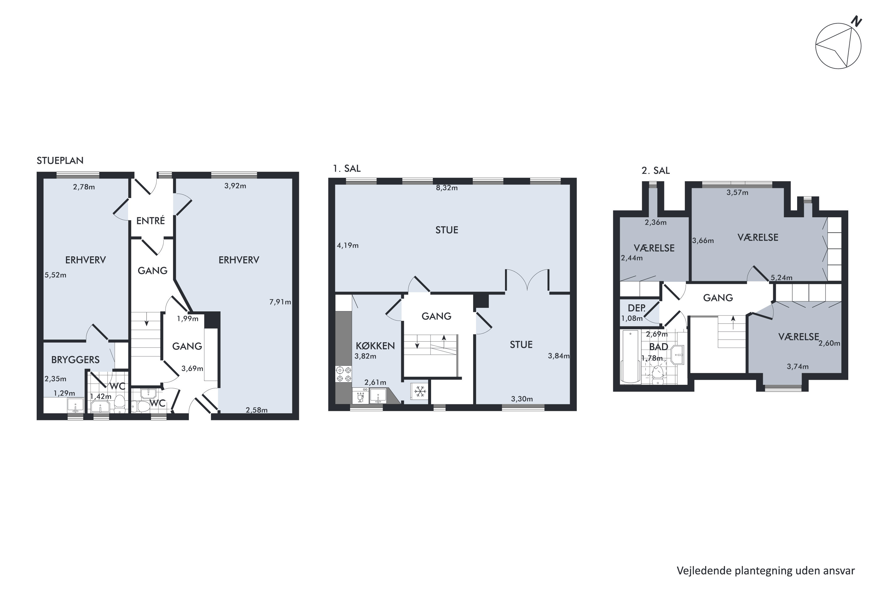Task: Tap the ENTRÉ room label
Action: point(150,221)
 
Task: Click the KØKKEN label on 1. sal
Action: point(375,345)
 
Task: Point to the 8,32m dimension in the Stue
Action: point(447,188)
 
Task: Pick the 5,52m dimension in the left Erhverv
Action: point(56,275)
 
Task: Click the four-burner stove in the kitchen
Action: point(344,374)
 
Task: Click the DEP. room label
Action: point(637,308)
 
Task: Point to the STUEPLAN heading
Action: point(60,160)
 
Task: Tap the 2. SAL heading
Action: point(656,171)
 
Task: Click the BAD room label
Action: point(658,347)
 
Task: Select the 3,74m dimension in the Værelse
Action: point(798,366)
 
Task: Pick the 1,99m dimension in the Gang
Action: point(187,319)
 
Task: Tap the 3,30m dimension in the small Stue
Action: point(522,399)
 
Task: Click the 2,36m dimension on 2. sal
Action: point(655,222)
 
